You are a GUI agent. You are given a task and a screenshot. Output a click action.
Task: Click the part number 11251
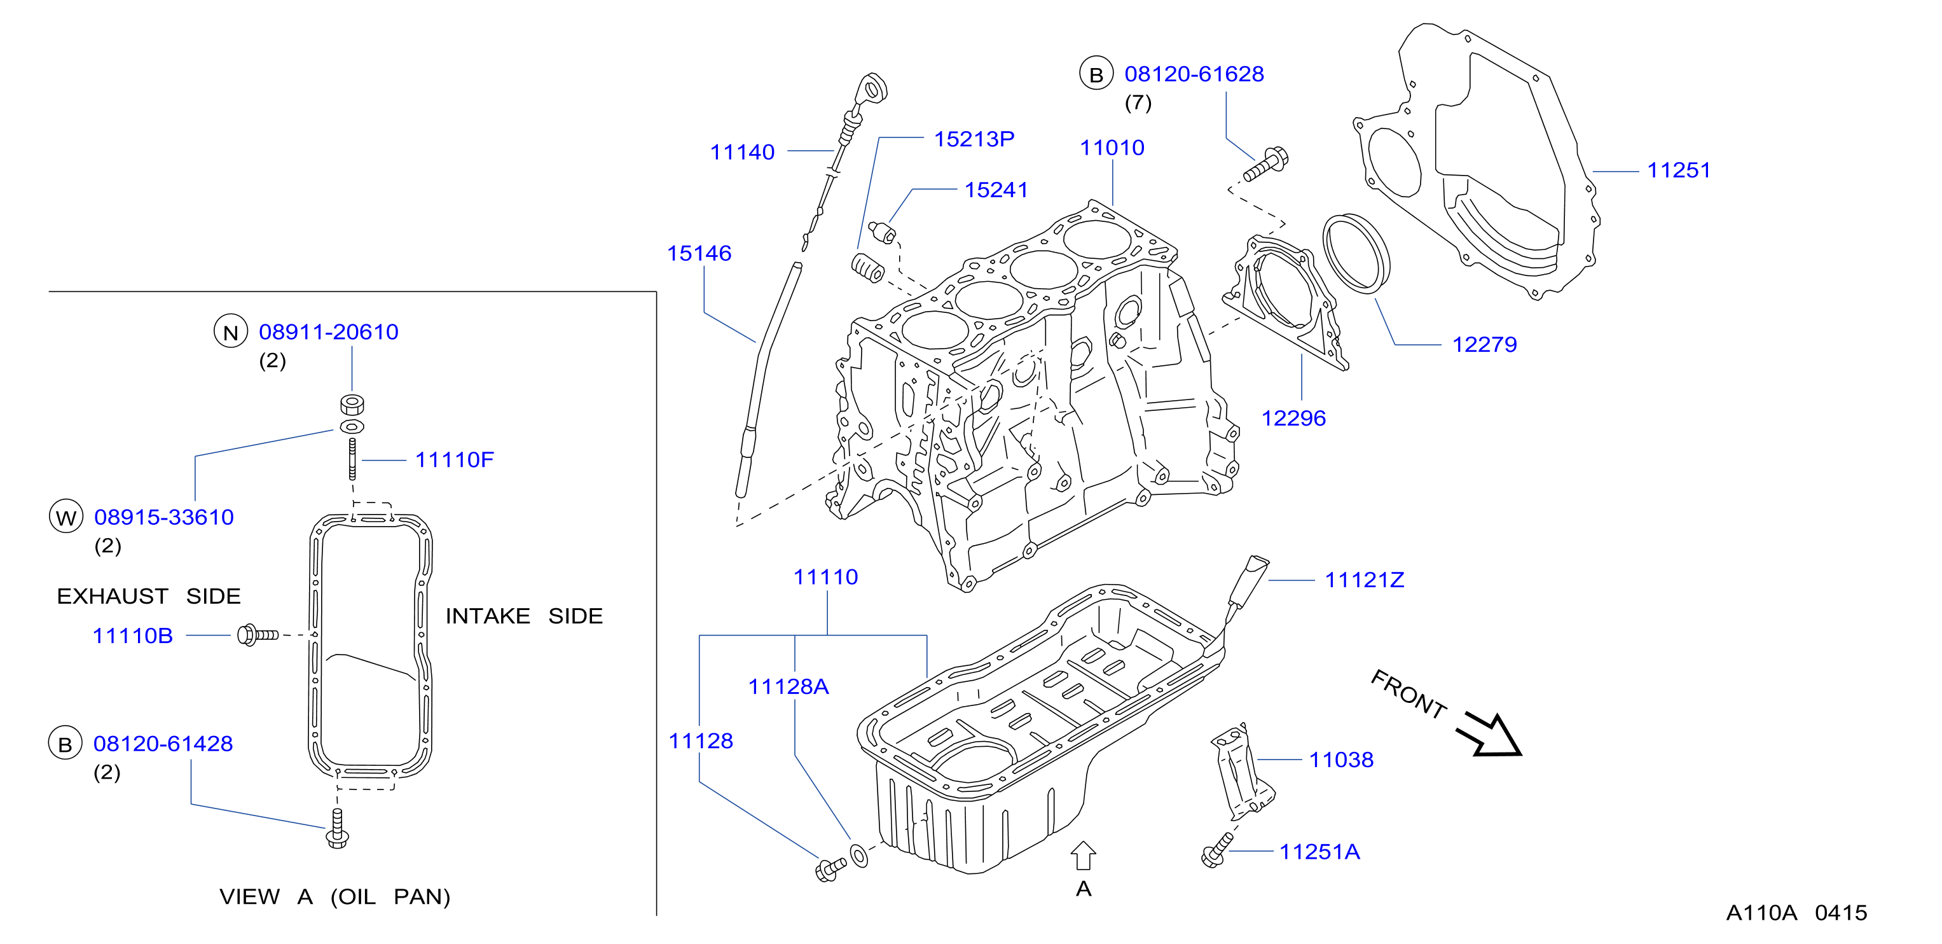coord(1678,170)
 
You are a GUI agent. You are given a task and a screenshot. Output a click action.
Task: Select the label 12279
coord(1484,345)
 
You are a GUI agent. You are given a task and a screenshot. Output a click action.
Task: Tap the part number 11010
coord(1112,148)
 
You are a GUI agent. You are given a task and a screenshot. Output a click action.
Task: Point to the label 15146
coord(699,253)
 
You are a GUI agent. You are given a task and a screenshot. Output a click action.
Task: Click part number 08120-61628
coord(1194,74)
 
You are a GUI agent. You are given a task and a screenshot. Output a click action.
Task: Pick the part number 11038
coord(1341,760)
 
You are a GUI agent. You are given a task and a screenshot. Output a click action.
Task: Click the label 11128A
coord(789,686)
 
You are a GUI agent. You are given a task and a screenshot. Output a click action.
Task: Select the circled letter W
coord(66,517)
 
